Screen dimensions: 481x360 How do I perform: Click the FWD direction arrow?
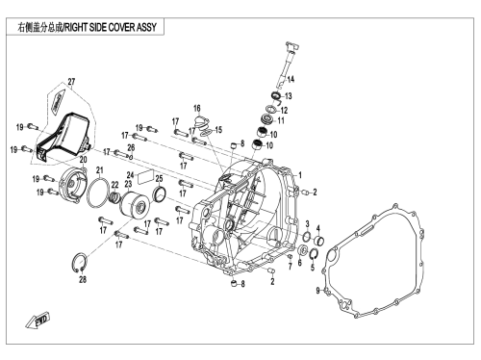point(38,320)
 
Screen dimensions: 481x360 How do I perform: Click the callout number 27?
point(71,82)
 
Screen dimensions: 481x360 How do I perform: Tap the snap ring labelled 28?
point(79,262)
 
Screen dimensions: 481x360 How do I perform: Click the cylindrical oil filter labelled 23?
point(135,205)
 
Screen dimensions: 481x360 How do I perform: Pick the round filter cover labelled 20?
point(71,186)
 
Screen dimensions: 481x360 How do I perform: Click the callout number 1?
point(300,175)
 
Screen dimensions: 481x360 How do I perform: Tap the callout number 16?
point(197,109)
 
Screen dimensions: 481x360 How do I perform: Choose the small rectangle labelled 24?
point(145,177)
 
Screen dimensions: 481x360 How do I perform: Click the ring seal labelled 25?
point(160,194)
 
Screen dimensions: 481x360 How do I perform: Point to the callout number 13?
point(289,96)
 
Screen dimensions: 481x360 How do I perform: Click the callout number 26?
point(131,147)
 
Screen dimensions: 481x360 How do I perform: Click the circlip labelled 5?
point(314,254)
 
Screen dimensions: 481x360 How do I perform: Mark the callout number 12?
point(284,111)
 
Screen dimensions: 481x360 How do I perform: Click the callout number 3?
point(307,223)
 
